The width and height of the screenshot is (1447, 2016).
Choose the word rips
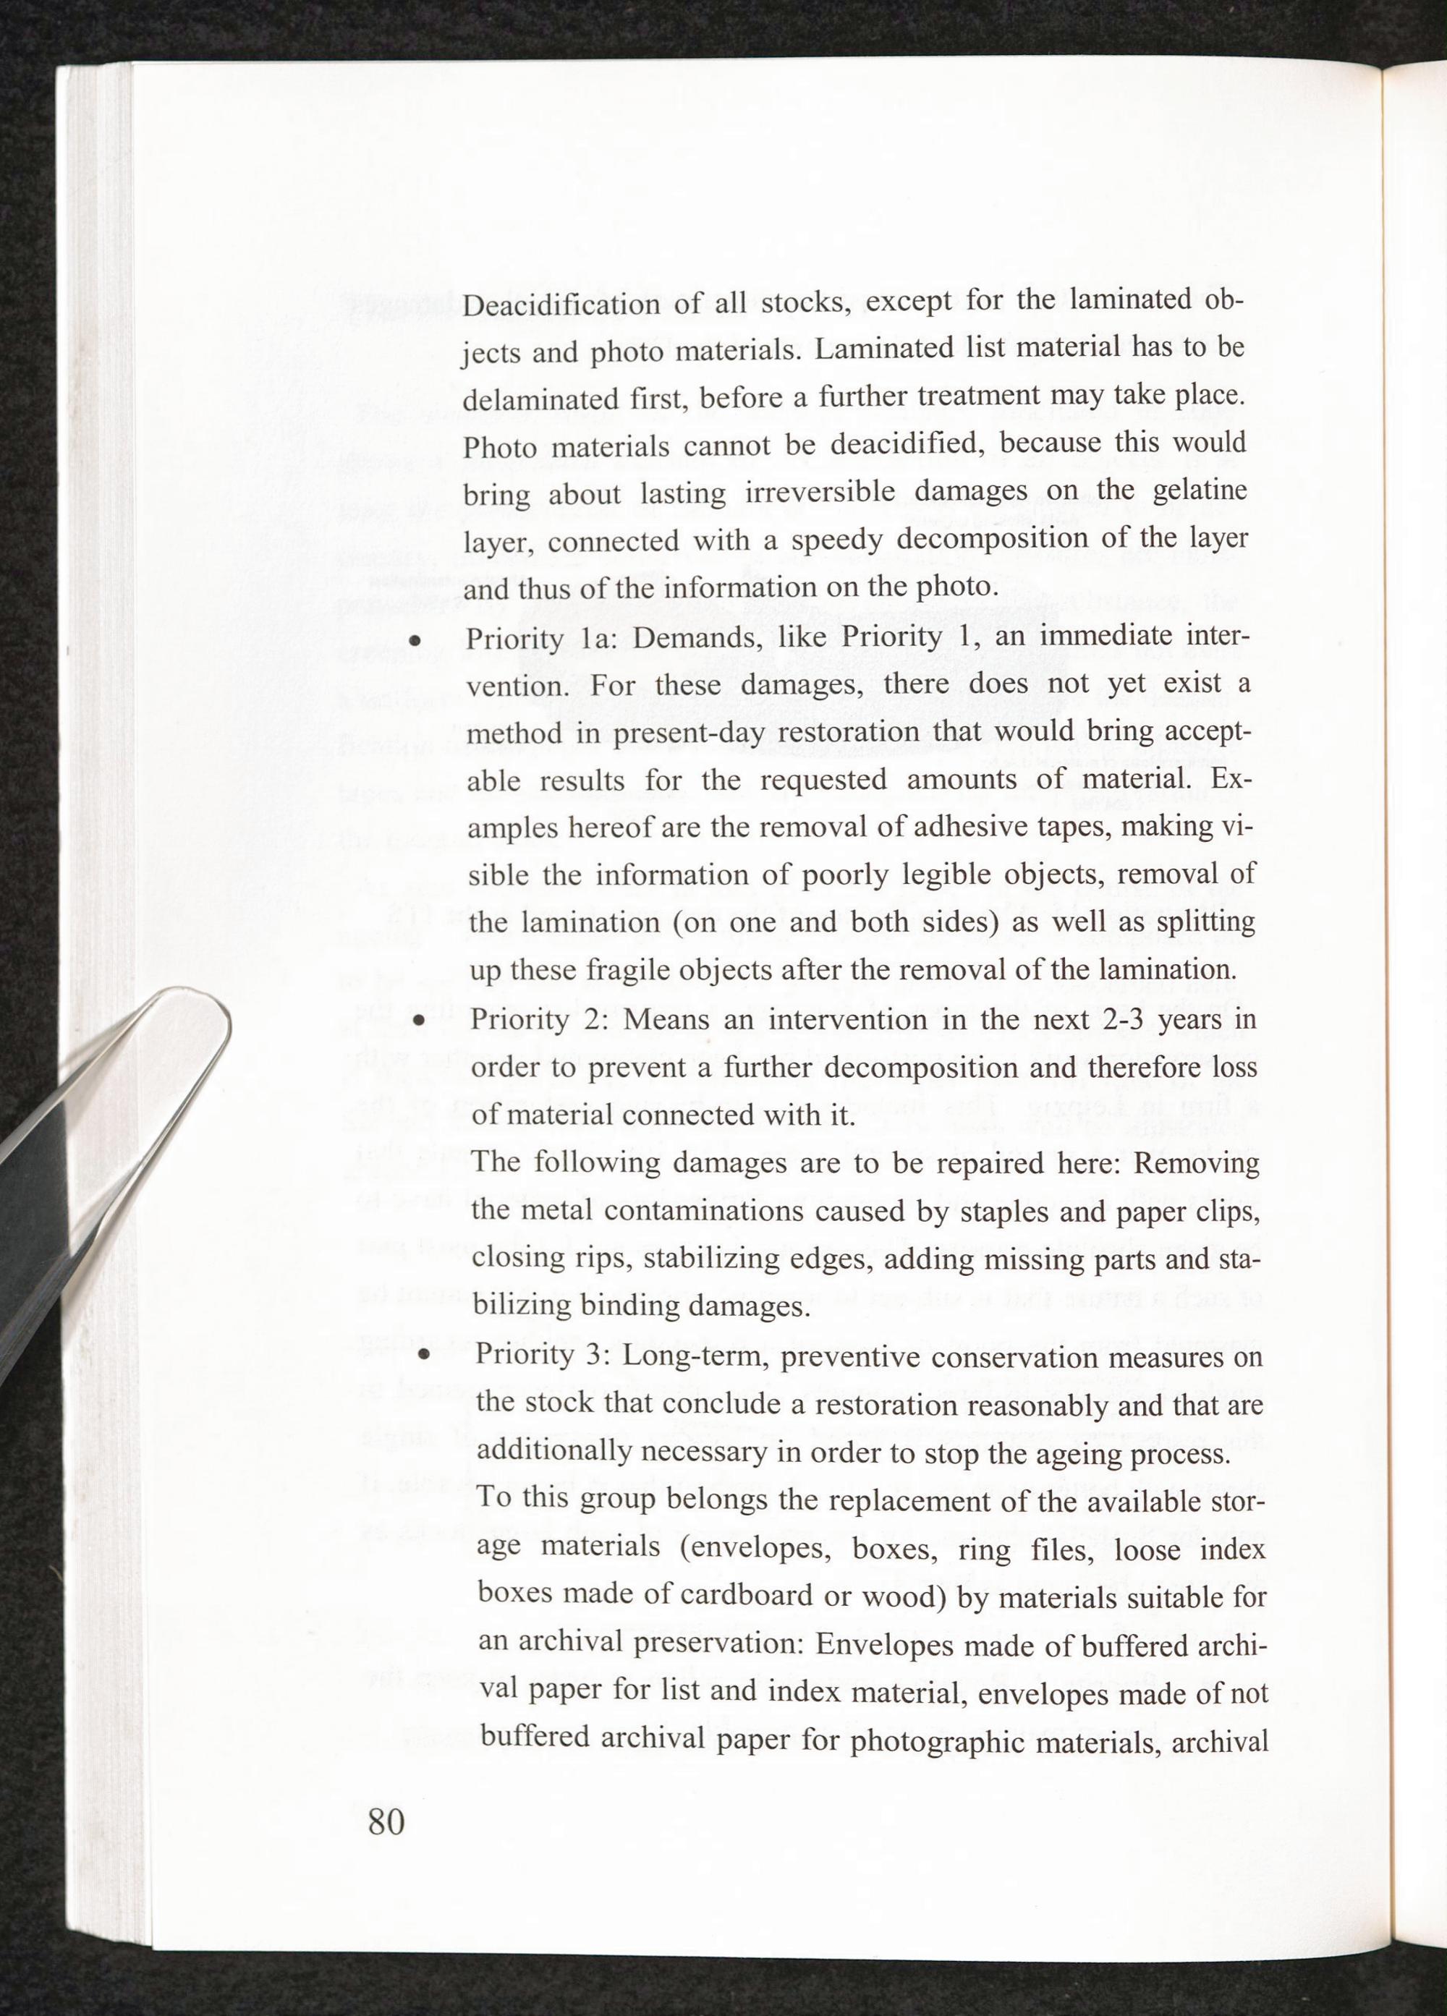tap(583, 1259)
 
